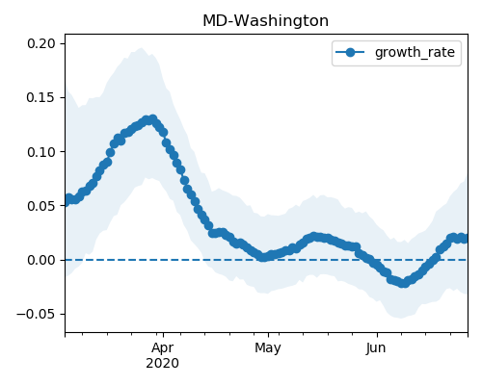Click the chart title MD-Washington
click(x=265, y=21)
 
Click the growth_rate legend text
click(x=415, y=52)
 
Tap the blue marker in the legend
click(x=350, y=52)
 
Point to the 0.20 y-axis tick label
click(x=41, y=43)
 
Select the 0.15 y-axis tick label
click(x=41, y=97)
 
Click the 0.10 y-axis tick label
click(x=41, y=152)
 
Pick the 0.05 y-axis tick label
click(x=41, y=206)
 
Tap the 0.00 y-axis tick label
click(x=41, y=260)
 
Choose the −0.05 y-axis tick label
click(x=37, y=314)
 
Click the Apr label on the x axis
click(x=163, y=347)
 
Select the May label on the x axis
click(x=268, y=348)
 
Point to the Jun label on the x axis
click(x=376, y=347)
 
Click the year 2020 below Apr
click(x=162, y=363)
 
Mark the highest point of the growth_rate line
click(x=153, y=119)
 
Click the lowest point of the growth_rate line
click(x=404, y=283)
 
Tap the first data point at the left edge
click(x=66, y=201)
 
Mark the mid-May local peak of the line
click(x=314, y=237)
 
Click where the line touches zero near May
click(x=263, y=257)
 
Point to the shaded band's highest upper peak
click(x=141, y=48)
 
